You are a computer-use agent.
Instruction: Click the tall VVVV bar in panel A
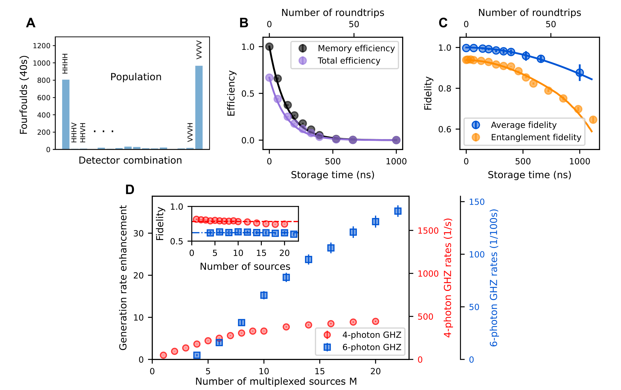tap(199, 107)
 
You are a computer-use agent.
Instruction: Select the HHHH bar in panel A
tap(66, 114)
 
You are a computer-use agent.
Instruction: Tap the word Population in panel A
tap(136, 77)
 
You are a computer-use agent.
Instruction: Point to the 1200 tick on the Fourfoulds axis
tap(41, 46)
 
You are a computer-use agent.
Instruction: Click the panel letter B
tap(244, 23)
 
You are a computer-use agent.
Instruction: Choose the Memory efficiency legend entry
tap(356, 48)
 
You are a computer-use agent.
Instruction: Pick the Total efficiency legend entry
tap(349, 61)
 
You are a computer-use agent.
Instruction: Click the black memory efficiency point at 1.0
tap(269, 47)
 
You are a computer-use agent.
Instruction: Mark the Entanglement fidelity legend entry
tap(536, 137)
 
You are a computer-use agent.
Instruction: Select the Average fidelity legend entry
tap(523, 125)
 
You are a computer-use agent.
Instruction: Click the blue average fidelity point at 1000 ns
tap(580, 73)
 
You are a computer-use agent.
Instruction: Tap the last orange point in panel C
tap(593, 120)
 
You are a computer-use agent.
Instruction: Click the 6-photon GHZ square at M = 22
tap(398, 211)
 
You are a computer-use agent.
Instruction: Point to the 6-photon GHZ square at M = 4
tap(197, 355)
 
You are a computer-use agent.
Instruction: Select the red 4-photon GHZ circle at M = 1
tap(163, 355)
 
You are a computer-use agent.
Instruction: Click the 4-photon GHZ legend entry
tap(372, 335)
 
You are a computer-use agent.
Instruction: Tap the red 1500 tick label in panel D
tap(428, 231)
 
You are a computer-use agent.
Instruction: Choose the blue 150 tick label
tap(477, 202)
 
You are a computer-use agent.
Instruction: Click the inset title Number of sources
tap(245, 266)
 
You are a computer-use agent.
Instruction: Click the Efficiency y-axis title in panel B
tap(231, 93)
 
